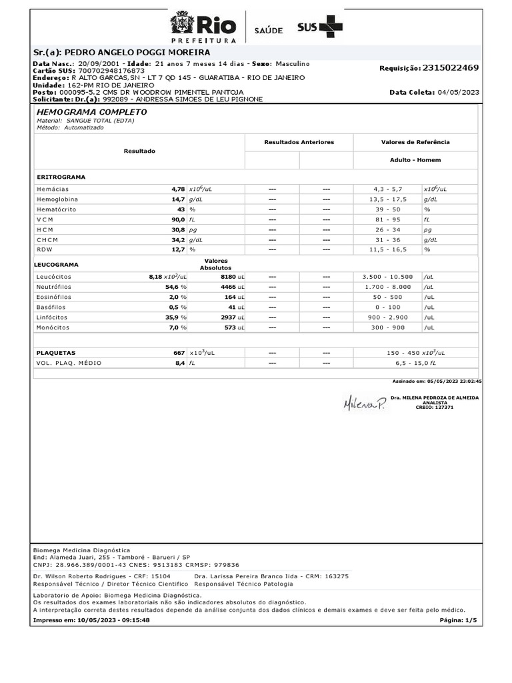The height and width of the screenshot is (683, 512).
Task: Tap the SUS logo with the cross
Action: coord(320,27)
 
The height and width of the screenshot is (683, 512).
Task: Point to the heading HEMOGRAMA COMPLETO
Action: coord(91,112)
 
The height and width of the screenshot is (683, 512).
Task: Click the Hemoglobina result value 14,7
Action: coord(178,199)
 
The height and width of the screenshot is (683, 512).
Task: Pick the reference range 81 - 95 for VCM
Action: coord(388,219)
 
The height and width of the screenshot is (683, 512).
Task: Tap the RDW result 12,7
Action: coord(178,249)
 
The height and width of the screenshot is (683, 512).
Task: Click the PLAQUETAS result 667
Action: coord(178,352)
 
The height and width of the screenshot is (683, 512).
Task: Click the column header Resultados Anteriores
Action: coord(299,142)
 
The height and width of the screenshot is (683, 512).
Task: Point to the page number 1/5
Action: coord(470,620)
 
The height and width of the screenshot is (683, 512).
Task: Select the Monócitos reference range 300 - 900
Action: coord(388,328)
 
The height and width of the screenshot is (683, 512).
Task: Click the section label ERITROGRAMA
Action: coord(61,177)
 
